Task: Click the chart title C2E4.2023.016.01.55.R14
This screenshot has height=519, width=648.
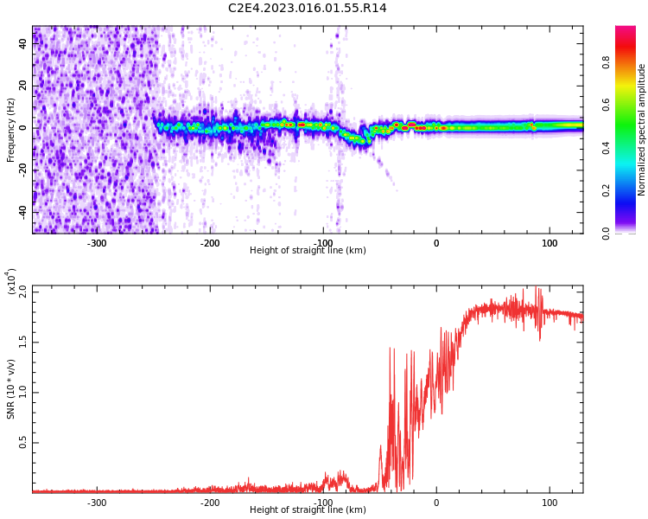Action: (x=307, y=9)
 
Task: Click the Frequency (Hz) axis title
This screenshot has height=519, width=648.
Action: (x=11, y=130)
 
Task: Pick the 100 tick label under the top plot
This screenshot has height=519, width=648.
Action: (x=550, y=243)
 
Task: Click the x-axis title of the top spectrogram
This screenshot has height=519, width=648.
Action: (x=308, y=251)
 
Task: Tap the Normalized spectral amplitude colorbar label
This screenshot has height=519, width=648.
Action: (x=642, y=130)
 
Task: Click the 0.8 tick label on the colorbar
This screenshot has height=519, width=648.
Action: (x=607, y=62)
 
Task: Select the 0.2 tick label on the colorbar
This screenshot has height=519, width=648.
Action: (x=607, y=190)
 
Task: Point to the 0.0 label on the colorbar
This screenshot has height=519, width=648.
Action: (x=607, y=233)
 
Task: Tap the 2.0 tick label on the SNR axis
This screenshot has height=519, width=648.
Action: (x=22, y=292)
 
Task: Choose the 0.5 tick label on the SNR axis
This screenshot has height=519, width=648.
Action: (x=22, y=442)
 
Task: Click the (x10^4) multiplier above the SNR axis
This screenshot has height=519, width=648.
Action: (x=11, y=281)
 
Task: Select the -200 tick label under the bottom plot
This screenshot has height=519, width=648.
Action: (x=209, y=503)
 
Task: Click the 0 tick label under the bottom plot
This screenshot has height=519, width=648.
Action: (x=435, y=503)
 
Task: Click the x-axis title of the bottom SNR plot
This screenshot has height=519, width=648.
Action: (x=308, y=510)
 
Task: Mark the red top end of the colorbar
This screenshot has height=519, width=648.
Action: (x=626, y=30)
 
